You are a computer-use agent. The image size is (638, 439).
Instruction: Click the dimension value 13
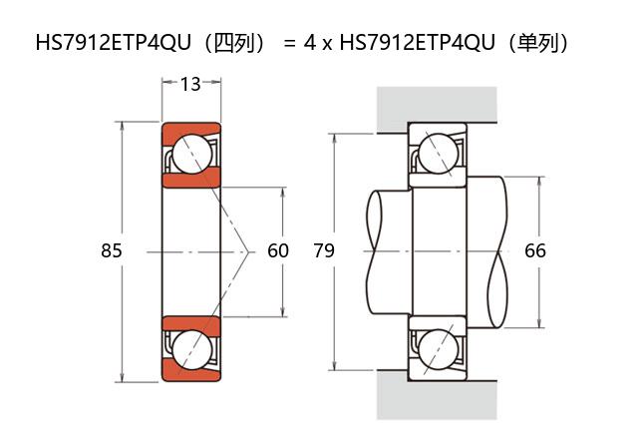190,84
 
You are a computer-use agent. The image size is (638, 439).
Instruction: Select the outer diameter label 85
111,250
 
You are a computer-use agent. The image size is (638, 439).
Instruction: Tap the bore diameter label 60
278,250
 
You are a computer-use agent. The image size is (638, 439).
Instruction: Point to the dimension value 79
324,250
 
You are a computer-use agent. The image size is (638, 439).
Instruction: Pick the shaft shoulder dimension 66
535,250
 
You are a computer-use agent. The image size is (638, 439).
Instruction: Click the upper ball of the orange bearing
192,154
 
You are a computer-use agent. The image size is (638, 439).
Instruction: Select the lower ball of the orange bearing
192,349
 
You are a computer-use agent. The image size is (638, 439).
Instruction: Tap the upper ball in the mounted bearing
439,154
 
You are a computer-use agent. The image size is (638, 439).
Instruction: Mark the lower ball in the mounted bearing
439,349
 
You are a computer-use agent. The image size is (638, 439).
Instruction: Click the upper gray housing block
437,105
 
